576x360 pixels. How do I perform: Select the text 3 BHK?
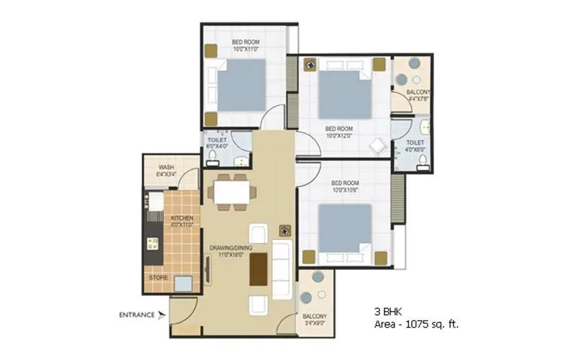(387, 313)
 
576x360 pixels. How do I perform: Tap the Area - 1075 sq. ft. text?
(415, 325)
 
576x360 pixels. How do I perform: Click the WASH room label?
(167, 166)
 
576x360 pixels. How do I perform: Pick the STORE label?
(159, 276)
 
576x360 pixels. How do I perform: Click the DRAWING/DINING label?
(231, 248)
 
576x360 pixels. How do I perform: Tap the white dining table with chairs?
(230, 192)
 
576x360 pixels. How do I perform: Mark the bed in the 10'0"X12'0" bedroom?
(344, 91)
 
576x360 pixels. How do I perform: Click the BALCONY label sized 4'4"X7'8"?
(418, 92)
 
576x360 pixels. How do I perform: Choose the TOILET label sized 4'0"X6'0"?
(415, 143)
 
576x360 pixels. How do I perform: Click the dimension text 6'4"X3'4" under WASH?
(167, 174)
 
